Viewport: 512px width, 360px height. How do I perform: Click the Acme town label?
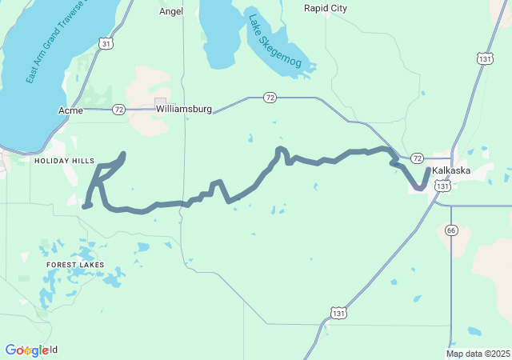(x=70, y=110)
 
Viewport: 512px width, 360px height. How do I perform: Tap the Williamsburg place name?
(x=184, y=108)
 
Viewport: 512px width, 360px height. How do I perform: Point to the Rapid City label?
(x=326, y=8)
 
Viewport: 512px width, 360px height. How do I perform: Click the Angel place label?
(x=171, y=11)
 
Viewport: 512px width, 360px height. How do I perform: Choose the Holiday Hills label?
(x=64, y=161)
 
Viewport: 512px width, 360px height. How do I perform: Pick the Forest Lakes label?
(x=74, y=264)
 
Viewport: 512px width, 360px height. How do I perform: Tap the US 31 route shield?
(x=106, y=43)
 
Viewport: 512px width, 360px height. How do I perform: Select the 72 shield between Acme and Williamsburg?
(x=118, y=109)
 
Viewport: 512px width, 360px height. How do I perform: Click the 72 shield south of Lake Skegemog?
(x=270, y=98)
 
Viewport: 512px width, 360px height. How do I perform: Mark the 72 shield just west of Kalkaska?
(x=417, y=159)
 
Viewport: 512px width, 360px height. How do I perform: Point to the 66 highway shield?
(x=451, y=230)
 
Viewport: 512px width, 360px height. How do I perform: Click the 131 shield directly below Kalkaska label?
(x=444, y=185)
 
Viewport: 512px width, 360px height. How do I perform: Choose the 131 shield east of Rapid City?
(x=483, y=58)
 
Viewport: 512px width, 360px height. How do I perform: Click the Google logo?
(x=31, y=350)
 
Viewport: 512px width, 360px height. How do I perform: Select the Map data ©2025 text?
(x=478, y=354)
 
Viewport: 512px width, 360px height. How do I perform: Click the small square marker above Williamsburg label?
(x=160, y=102)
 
